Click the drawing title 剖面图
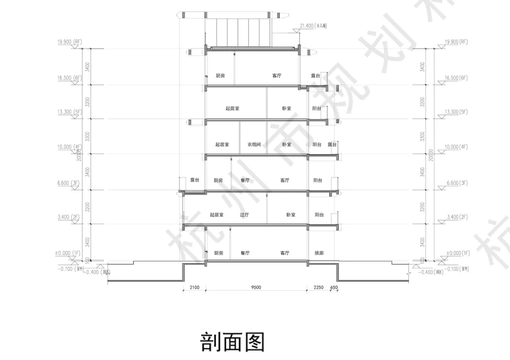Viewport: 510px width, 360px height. (x=232, y=342)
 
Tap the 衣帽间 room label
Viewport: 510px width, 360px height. (x=254, y=144)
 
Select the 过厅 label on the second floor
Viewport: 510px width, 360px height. (x=244, y=215)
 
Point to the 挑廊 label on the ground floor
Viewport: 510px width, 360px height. (x=319, y=253)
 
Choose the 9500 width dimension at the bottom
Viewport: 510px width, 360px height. (x=256, y=287)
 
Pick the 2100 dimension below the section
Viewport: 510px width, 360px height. (x=194, y=287)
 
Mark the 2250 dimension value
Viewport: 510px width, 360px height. (x=318, y=287)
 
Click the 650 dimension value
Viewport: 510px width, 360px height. (x=334, y=287)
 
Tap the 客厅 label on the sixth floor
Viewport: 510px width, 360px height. (x=277, y=75)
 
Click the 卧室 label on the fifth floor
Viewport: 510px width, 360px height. (x=287, y=109)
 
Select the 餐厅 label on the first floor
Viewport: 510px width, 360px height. (x=245, y=253)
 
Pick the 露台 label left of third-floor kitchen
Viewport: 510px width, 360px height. (x=195, y=180)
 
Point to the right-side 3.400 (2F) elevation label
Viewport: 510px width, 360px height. (x=456, y=217)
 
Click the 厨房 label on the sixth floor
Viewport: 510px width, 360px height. (x=220, y=75)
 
